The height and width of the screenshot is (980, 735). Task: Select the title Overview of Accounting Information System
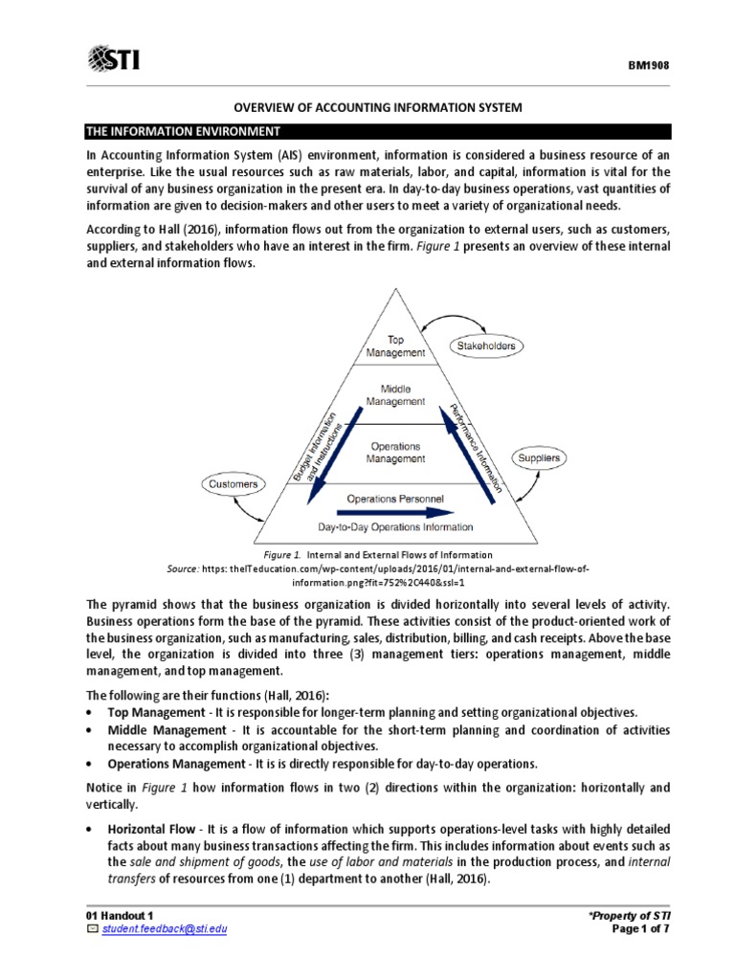[x=367, y=108]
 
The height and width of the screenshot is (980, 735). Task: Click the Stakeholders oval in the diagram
[x=485, y=345]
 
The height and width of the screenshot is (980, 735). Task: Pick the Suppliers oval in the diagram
[x=538, y=458]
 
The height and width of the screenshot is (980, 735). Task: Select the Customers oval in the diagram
[x=234, y=484]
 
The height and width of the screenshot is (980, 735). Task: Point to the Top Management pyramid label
[x=395, y=345]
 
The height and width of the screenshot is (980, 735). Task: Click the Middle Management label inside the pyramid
[x=395, y=395]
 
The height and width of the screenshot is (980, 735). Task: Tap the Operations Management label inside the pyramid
[x=395, y=453]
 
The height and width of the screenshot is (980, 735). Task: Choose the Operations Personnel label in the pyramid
[x=395, y=499]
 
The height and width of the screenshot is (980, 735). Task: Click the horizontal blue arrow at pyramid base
[x=395, y=512]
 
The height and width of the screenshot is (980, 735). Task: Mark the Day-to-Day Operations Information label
[x=395, y=526]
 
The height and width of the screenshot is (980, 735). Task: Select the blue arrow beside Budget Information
[x=331, y=455]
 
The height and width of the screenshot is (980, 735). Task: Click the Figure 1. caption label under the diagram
[x=282, y=554]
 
